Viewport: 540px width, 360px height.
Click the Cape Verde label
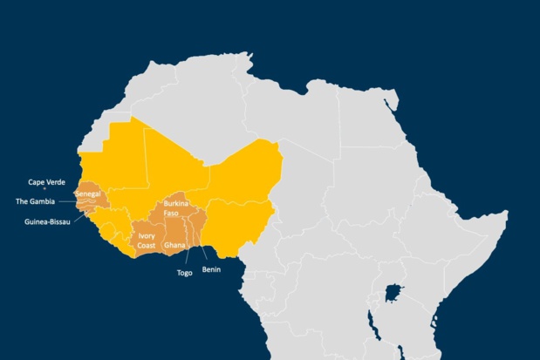pyautogui.click(x=46, y=182)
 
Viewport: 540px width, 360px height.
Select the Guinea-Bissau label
pyautogui.click(x=47, y=221)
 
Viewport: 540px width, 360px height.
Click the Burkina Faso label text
pyautogui.click(x=176, y=208)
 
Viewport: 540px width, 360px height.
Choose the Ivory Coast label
pyautogui.click(x=147, y=241)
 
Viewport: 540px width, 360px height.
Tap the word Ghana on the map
pyautogui.click(x=174, y=246)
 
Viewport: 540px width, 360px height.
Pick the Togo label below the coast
pyautogui.click(x=184, y=273)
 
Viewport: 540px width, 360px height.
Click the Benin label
pyautogui.click(x=211, y=269)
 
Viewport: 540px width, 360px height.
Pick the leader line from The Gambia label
pyautogui.click(x=70, y=201)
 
